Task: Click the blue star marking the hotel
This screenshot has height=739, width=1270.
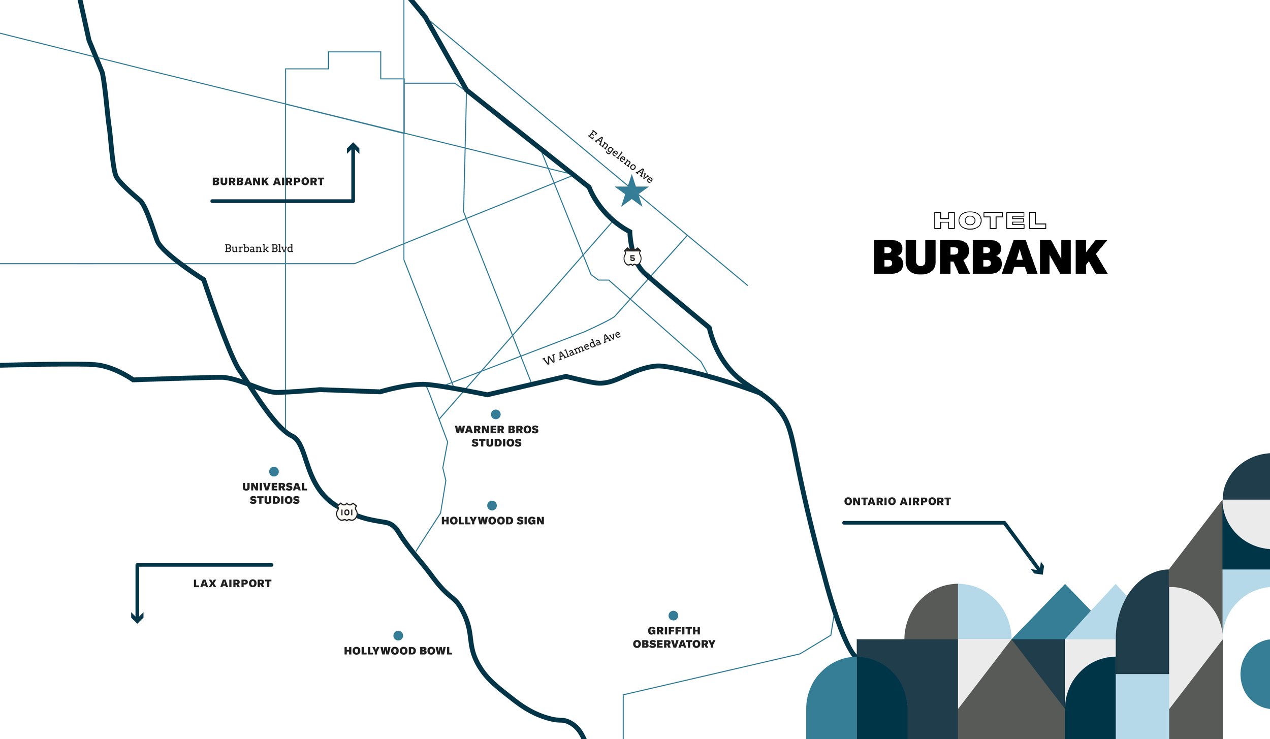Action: coord(631,191)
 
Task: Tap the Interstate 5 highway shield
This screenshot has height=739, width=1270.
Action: coord(632,258)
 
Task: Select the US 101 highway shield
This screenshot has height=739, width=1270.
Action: coord(346,512)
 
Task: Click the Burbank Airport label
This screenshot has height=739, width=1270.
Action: coord(268,181)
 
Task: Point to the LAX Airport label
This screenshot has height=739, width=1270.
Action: coord(232,583)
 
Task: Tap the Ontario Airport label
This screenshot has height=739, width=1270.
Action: coord(897,501)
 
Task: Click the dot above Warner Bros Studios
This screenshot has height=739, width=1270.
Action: coord(496,414)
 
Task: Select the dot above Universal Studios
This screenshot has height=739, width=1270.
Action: coord(274,471)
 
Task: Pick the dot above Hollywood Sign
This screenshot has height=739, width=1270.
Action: coord(492,505)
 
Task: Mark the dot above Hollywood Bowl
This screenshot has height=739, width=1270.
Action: coord(398,635)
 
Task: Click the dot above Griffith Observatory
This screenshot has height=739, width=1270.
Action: coord(674,616)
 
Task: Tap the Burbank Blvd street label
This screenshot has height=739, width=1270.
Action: coord(259,248)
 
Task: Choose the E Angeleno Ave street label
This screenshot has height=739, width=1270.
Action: coord(620,156)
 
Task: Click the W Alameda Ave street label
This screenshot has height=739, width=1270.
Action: coord(582,348)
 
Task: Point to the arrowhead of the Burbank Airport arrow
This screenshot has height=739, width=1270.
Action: coord(353,147)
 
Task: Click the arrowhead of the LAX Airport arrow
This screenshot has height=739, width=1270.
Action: coord(137,618)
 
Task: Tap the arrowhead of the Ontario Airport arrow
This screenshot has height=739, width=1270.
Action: coord(1039,569)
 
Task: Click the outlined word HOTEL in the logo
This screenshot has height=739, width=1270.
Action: coord(990,220)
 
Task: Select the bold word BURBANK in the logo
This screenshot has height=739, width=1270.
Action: coord(990,258)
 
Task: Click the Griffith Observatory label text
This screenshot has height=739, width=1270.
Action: coord(674,637)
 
